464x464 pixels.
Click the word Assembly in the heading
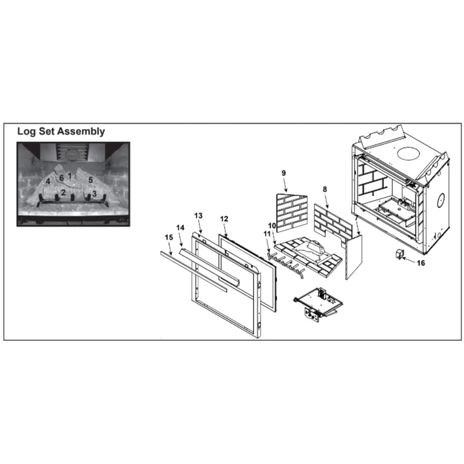point(80,132)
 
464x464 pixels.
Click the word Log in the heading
point(26,132)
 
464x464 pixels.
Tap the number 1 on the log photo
point(69,175)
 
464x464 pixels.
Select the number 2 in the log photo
point(63,193)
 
